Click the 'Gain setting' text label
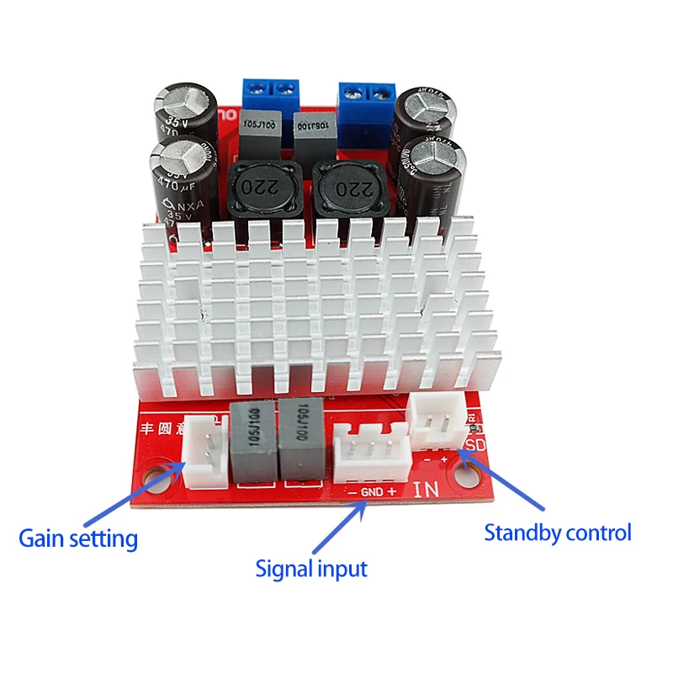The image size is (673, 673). click(78, 537)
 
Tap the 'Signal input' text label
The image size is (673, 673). click(311, 569)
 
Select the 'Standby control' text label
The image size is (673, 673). click(557, 532)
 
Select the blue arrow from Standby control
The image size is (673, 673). click(505, 484)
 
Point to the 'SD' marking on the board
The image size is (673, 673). click(476, 442)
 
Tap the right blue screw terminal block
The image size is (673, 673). click(368, 95)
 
